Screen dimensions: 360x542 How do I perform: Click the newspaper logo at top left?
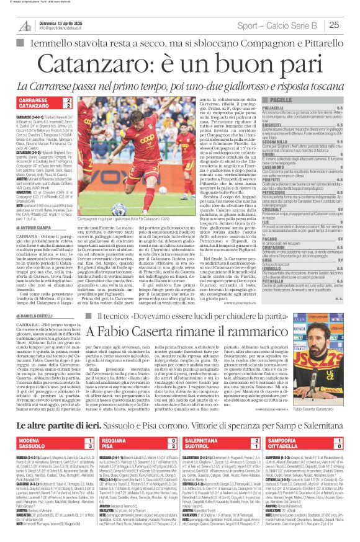[24, 24]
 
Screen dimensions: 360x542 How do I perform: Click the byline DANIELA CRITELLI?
[35, 316]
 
